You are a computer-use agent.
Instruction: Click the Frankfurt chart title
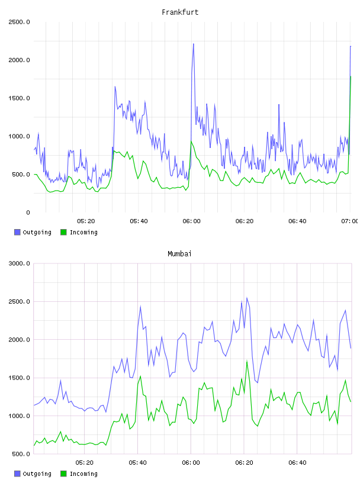click(180, 12)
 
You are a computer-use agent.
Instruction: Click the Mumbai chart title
click(179, 254)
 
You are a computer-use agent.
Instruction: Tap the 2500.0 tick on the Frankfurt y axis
click(19, 22)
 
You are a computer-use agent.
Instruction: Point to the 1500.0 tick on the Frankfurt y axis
click(19, 98)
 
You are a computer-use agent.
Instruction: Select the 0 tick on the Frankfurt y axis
click(28, 212)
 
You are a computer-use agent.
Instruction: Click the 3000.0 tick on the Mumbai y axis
click(19, 263)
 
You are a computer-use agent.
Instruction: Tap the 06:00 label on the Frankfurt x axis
click(191, 221)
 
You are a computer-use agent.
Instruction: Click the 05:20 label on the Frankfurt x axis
click(86, 221)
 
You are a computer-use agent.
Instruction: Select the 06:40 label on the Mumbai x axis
click(297, 463)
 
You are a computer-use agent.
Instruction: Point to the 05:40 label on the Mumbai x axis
click(138, 463)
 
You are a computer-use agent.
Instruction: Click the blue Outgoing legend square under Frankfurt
click(17, 232)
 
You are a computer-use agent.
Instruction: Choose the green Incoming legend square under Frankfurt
click(63, 232)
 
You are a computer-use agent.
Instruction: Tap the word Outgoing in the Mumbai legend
click(37, 474)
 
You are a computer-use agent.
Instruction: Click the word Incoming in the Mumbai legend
click(83, 474)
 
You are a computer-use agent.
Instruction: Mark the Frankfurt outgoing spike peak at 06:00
click(193, 44)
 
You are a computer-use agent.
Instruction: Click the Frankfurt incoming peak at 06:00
click(191, 141)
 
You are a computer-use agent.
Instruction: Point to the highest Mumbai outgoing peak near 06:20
click(247, 298)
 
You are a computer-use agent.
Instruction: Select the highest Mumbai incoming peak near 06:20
click(247, 361)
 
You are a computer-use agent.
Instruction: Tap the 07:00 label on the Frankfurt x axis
click(350, 221)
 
